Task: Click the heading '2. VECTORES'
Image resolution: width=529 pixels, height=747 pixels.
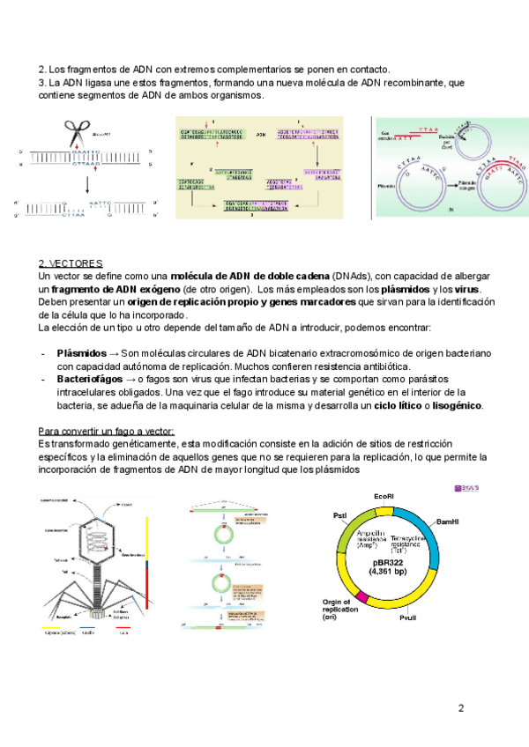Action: click(71, 264)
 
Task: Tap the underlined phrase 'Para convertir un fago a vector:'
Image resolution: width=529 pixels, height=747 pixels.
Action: click(108, 431)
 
